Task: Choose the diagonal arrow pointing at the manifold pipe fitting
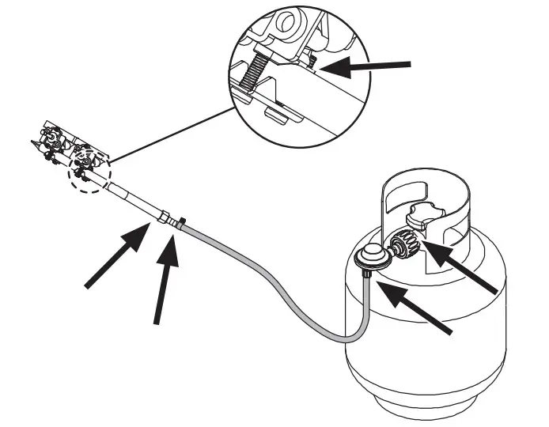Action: pos(115,257)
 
